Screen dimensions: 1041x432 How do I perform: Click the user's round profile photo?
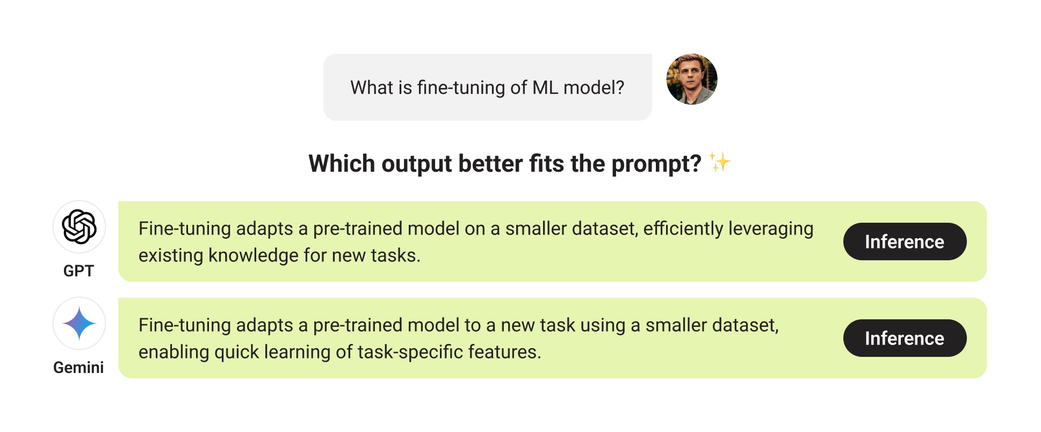coord(692,79)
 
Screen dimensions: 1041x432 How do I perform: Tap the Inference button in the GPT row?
coord(905,241)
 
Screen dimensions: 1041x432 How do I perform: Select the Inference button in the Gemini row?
coord(905,338)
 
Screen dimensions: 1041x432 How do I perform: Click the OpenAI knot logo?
coord(79,226)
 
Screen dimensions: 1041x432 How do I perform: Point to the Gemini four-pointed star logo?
coord(79,323)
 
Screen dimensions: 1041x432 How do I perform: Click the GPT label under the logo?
coord(78,271)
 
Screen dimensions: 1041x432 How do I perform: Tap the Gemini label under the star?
coord(78,368)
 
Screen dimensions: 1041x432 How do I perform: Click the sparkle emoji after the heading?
coord(720,162)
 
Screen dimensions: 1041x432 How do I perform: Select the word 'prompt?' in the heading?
coord(656,164)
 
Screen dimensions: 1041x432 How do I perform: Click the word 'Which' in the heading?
coord(342,163)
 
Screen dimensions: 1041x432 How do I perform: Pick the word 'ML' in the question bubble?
coord(545,87)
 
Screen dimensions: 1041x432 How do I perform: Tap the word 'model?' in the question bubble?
coord(594,87)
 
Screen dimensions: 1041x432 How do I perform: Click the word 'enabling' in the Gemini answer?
coord(174,353)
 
